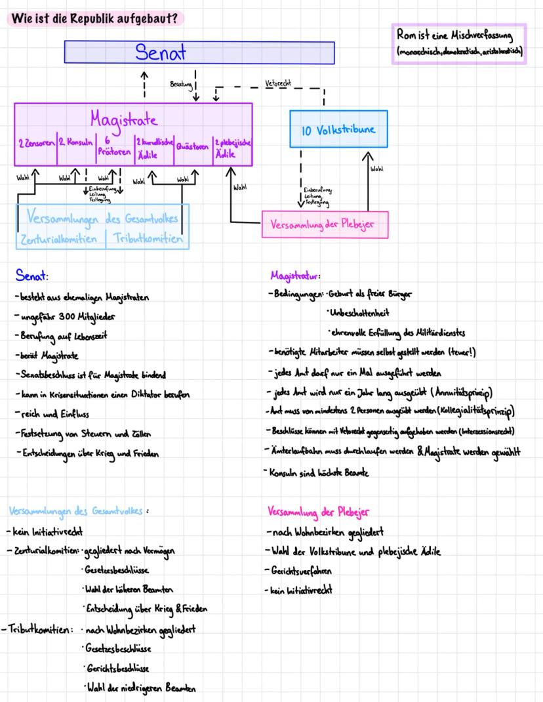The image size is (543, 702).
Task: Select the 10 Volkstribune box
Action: (338, 129)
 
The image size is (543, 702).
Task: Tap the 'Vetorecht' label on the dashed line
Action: (279, 84)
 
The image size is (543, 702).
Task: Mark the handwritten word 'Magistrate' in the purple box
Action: (124, 121)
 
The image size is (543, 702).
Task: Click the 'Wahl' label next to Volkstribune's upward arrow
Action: (377, 169)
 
